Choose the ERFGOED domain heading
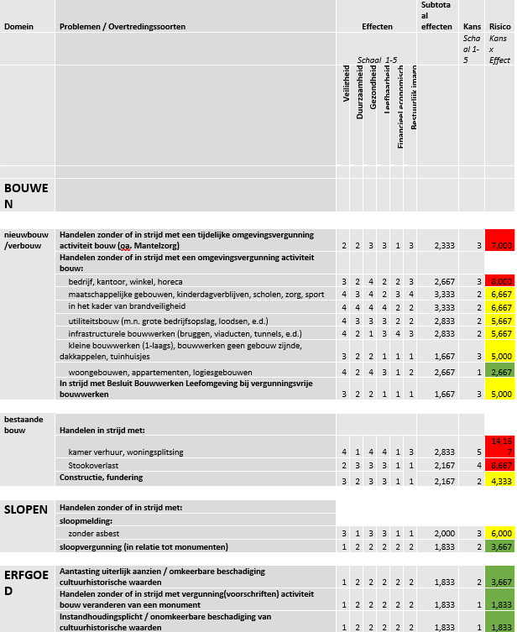click(28, 581)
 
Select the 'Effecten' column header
click(377, 27)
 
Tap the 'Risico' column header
click(499, 27)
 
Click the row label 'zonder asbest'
click(92, 533)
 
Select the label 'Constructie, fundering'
click(102, 477)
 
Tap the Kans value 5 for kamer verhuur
click(478, 452)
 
